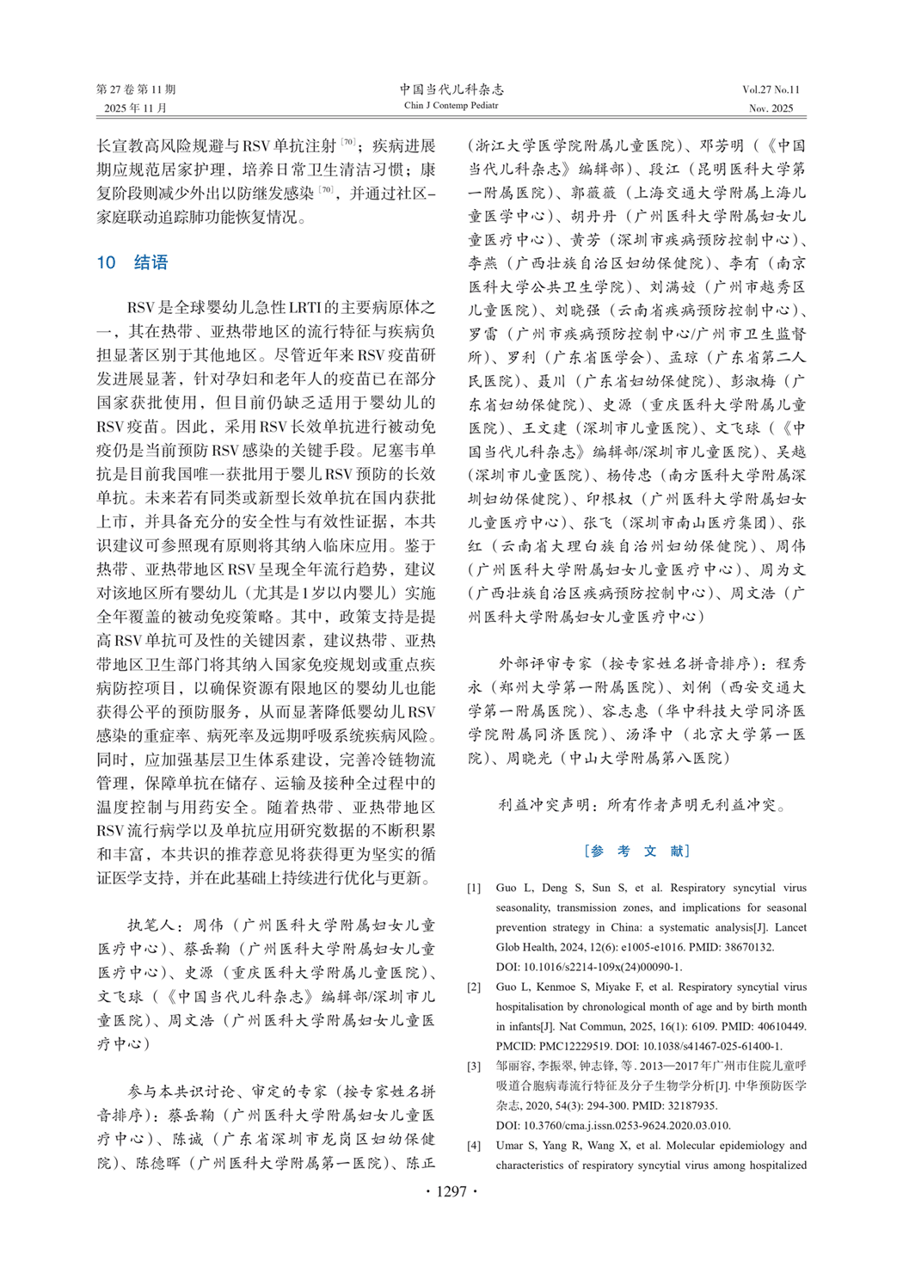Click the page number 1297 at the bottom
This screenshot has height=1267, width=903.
point(451,1191)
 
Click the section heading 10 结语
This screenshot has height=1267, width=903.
point(132,262)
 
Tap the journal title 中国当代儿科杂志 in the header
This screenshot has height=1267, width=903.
point(451,89)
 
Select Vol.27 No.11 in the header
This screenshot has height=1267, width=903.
point(771,89)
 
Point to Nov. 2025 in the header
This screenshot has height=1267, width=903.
point(771,108)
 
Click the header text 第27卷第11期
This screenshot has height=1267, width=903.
point(136,89)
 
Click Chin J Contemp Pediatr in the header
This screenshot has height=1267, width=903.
point(451,106)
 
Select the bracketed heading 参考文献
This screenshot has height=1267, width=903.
point(636,851)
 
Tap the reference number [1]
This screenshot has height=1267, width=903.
point(474,888)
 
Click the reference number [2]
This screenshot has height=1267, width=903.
point(474,987)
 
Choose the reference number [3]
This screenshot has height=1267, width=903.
point(474,1067)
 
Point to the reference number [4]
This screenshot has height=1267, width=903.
point(474,1146)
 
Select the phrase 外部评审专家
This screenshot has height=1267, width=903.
point(545,664)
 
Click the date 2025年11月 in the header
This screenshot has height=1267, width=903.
point(136,108)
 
